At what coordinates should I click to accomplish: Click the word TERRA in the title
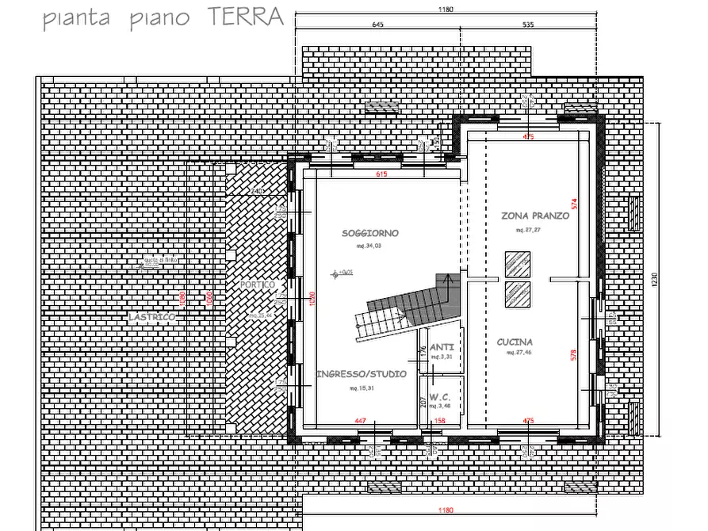(x=244, y=17)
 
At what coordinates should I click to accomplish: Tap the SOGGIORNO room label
(x=369, y=233)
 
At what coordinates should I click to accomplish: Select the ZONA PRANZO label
(x=535, y=216)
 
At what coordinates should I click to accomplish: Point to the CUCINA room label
(x=515, y=342)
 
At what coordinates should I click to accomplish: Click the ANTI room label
(x=442, y=347)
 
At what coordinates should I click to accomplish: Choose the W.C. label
(x=441, y=396)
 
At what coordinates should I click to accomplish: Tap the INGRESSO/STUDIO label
(x=362, y=373)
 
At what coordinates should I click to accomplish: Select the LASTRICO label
(x=151, y=317)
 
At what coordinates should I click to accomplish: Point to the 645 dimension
(x=377, y=25)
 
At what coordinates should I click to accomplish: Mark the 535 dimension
(x=529, y=25)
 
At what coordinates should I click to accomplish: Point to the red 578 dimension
(x=575, y=355)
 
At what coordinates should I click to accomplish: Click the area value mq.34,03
(x=369, y=246)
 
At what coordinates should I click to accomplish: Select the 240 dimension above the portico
(x=255, y=192)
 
